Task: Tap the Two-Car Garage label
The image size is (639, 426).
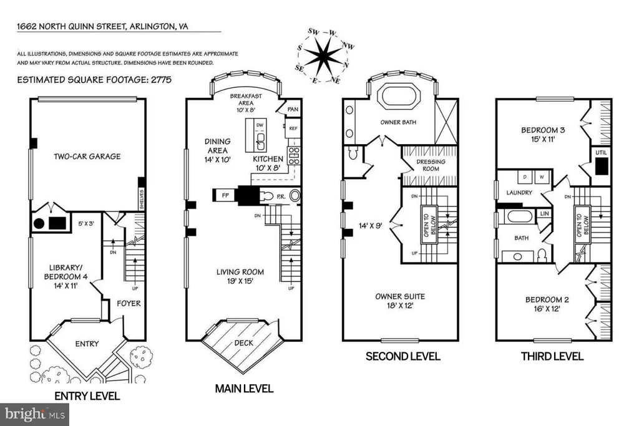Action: click(x=87, y=157)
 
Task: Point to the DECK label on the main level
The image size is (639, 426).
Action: click(x=243, y=342)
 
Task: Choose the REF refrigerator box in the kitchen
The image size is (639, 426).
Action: click(x=293, y=128)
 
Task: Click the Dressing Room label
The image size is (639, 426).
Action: click(x=431, y=165)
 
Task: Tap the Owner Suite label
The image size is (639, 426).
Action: click(x=399, y=301)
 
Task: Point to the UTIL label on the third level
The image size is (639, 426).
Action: click(x=602, y=152)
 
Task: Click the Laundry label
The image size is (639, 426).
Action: click(x=519, y=193)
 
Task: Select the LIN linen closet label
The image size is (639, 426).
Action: click(x=545, y=213)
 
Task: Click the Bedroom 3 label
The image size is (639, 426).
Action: click(x=543, y=135)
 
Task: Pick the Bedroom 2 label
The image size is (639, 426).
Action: click(x=547, y=304)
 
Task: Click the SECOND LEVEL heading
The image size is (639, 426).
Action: click(x=402, y=357)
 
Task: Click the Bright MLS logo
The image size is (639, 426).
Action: click(x=35, y=414)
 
